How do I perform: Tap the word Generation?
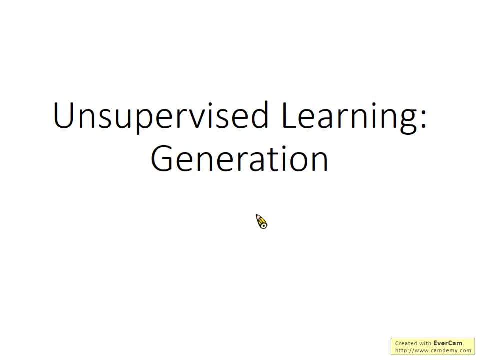(239, 159)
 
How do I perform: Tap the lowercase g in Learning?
(407, 121)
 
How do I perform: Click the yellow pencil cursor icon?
(262, 222)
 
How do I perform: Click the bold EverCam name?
(448, 343)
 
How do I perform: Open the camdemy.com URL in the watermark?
(433, 350)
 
